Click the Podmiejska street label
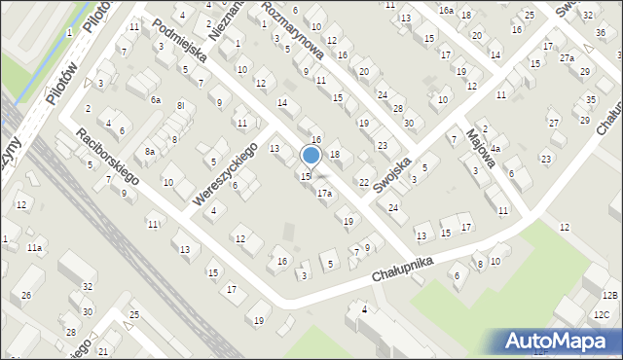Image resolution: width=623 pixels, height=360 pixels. pos(180,40)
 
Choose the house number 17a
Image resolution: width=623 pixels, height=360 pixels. pos(325,194)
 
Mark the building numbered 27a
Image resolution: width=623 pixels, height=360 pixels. pos(567,58)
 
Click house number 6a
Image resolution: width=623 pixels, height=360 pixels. pos(155,99)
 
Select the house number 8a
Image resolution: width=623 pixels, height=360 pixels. pos(150,151)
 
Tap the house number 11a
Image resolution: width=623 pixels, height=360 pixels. pos(34,248)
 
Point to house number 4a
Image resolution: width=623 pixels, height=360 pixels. pos(495,149)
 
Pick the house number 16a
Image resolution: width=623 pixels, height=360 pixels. pos(445,10)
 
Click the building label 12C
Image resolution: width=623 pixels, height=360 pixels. pos(603,313)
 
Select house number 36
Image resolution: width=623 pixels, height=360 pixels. pos(601,33)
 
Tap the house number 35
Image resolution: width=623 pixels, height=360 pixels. pos(591,100)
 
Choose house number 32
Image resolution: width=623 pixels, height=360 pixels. pos(88,286)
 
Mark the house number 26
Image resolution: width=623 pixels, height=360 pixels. pos(27,295)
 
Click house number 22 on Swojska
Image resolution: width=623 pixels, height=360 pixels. pos(364,182)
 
